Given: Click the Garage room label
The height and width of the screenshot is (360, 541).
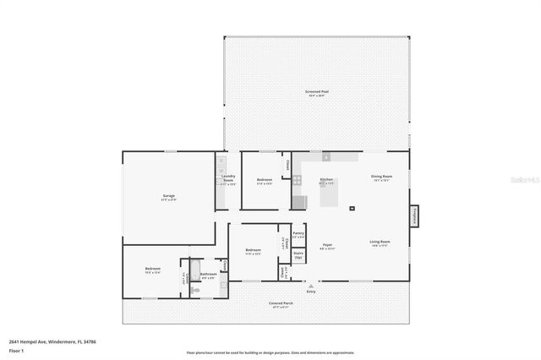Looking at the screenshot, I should pyautogui.click(x=169, y=197).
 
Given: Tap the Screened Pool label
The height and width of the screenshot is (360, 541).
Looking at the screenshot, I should pyautogui.click(x=316, y=92).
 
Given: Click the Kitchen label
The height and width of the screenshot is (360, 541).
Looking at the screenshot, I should pyautogui.click(x=326, y=180).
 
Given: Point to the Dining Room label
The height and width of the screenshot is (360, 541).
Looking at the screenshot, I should pyautogui.click(x=380, y=177).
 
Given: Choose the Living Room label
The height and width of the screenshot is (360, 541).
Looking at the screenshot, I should pyautogui.click(x=379, y=243).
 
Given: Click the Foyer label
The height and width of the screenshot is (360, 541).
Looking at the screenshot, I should pyautogui.click(x=327, y=246).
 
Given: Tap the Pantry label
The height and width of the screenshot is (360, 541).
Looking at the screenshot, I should pyautogui.click(x=298, y=234).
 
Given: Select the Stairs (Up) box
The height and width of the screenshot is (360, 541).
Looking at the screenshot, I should pyautogui.click(x=298, y=254).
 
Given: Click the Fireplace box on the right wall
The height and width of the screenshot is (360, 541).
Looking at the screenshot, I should pyautogui.click(x=414, y=216).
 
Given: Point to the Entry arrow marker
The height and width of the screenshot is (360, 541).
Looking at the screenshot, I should pyautogui.click(x=311, y=286).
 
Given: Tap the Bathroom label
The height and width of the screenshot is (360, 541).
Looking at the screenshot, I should pyautogui.click(x=209, y=275).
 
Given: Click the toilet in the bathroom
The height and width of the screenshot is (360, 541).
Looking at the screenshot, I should pyautogui.click(x=196, y=290).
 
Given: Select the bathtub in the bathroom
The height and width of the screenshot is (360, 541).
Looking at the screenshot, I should pyautogui.click(x=194, y=270).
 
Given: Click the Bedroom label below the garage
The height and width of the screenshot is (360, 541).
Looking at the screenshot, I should pyautogui.click(x=153, y=270).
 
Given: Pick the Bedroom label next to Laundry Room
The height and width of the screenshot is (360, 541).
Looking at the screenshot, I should pyautogui.click(x=264, y=181).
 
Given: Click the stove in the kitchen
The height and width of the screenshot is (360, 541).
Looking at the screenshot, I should pyautogui.click(x=298, y=202).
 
